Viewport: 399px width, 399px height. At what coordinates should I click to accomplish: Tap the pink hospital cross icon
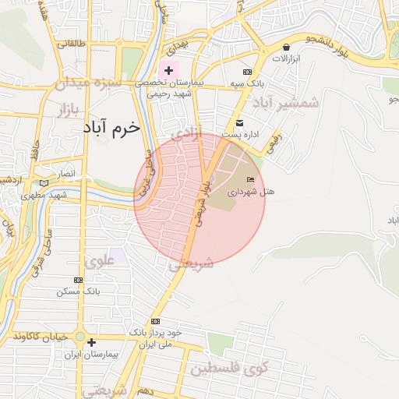168,71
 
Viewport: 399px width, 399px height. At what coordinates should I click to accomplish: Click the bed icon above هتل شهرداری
249,180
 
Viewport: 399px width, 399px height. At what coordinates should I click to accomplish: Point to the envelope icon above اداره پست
239,123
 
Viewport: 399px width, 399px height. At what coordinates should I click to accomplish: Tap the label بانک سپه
245,83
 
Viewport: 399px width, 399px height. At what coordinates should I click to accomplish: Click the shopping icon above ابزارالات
287,48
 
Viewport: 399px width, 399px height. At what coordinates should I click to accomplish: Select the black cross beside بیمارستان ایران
91,342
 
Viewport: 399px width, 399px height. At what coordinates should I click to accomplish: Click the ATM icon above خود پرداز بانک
156,320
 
